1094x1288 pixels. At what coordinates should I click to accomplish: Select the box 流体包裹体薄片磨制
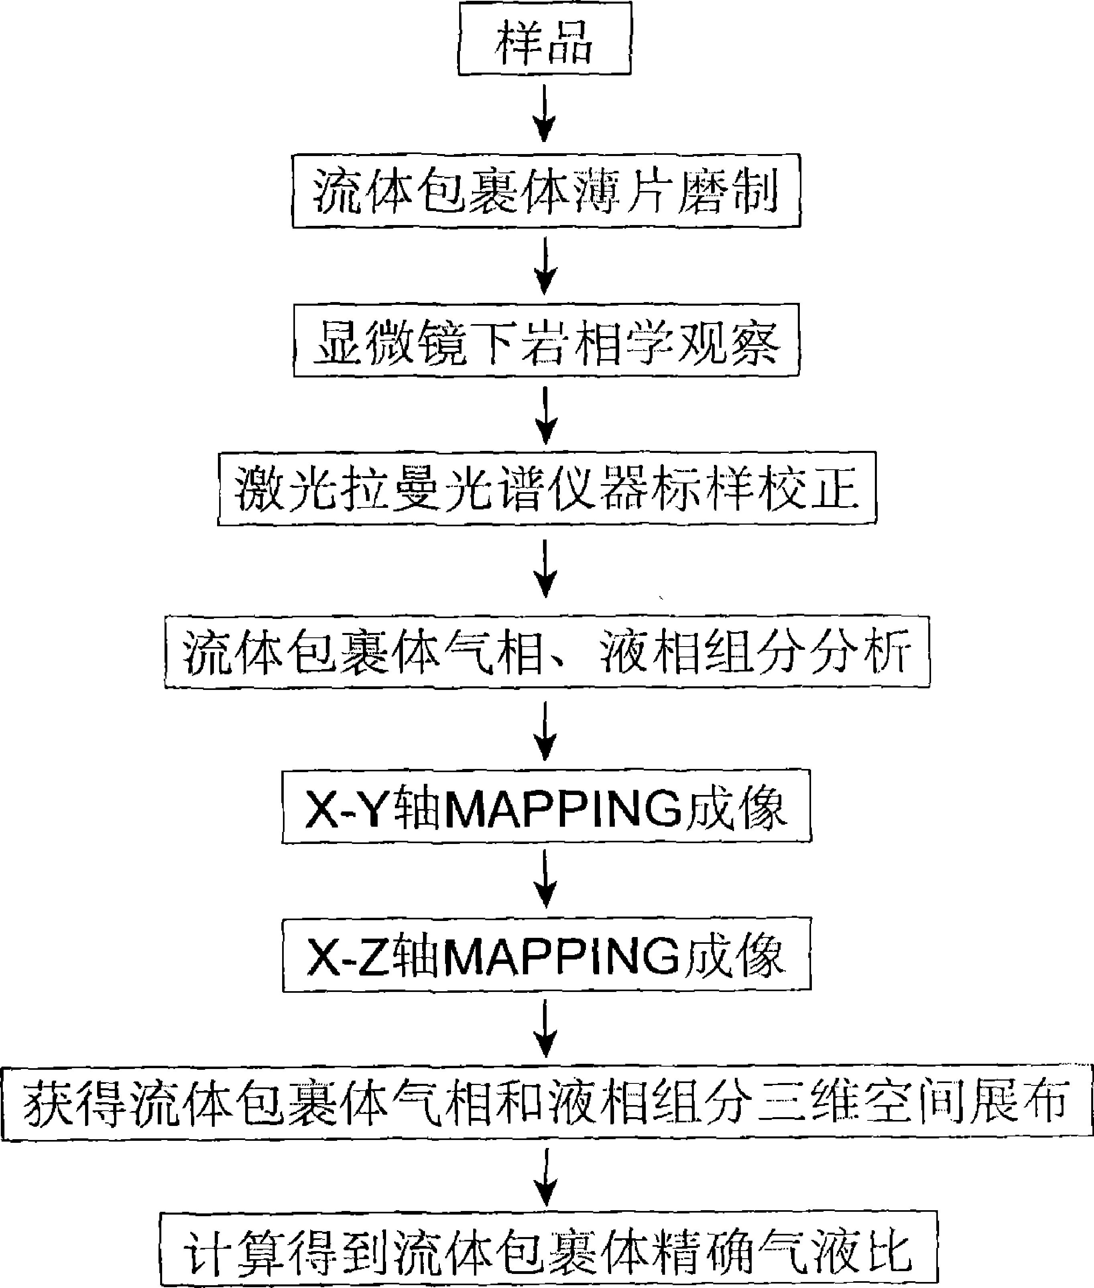coord(546,191)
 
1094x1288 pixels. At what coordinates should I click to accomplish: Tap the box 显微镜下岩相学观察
coord(546,340)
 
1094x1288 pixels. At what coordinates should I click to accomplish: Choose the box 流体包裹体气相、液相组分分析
coord(546,651)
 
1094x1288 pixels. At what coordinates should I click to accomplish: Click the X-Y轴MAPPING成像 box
coord(546,806)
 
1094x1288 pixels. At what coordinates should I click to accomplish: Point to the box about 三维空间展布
coord(546,1104)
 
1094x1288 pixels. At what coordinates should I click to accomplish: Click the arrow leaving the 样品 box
coord(545,114)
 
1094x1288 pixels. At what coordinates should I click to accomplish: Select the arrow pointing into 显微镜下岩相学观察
coord(545,266)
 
